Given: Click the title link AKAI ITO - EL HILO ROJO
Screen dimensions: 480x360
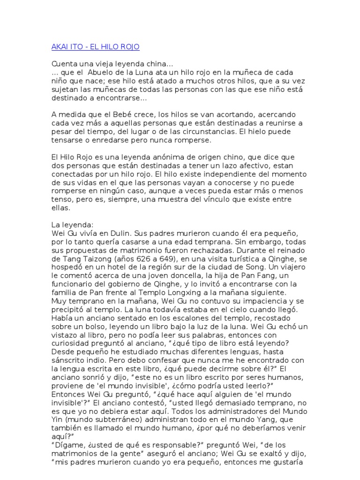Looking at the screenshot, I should pos(95,47).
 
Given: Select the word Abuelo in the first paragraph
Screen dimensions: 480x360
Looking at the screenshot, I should pos(101,73).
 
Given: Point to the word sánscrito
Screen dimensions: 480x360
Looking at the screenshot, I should pos(69,360).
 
